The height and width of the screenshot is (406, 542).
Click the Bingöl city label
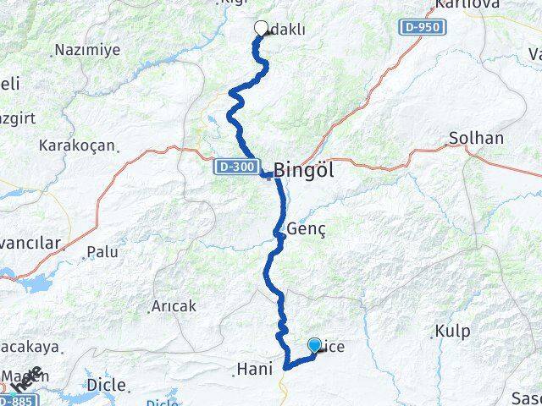303,169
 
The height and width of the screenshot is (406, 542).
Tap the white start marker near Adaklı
261,28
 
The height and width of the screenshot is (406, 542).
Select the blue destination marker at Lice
314,344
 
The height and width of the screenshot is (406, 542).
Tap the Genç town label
306,229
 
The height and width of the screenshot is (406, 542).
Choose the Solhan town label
477,138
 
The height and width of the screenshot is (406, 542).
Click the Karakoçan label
76,145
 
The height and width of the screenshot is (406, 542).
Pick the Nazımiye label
87,50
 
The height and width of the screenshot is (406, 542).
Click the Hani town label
253,369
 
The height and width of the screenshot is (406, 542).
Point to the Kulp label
451,330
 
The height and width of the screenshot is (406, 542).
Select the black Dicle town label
107,385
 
